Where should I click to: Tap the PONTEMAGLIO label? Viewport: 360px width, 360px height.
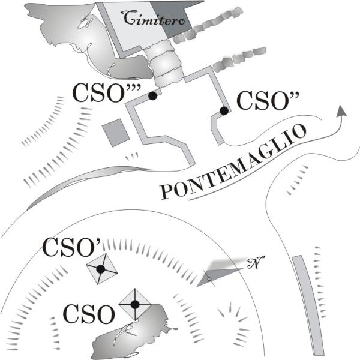[x=233, y=162]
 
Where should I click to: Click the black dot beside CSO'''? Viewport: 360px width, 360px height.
[x=152, y=96]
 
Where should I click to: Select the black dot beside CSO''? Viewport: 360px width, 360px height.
[x=224, y=111]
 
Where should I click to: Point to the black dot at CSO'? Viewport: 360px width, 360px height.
[x=101, y=269]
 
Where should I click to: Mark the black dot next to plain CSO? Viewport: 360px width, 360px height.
[x=135, y=304]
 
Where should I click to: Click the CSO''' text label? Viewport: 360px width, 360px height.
[x=107, y=93]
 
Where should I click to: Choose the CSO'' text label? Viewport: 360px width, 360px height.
[x=268, y=101]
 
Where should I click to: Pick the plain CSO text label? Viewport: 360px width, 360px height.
[x=89, y=314]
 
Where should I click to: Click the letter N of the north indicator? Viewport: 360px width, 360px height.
[x=256, y=262]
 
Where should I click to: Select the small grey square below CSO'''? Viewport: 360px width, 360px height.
[x=116, y=133]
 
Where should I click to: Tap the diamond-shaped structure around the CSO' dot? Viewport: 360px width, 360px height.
[x=102, y=269]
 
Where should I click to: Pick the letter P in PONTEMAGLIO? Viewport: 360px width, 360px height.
[x=167, y=191]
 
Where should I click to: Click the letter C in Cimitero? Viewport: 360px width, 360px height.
[x=128, y=17]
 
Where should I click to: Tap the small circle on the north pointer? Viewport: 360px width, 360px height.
[x=209, y=279]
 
